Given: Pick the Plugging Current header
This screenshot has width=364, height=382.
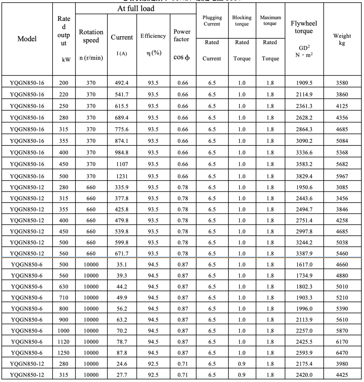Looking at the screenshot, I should tap(211, 21).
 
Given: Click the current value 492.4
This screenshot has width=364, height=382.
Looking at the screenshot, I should tap(122, 83).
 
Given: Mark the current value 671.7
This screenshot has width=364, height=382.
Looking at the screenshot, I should tap(122, 254).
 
